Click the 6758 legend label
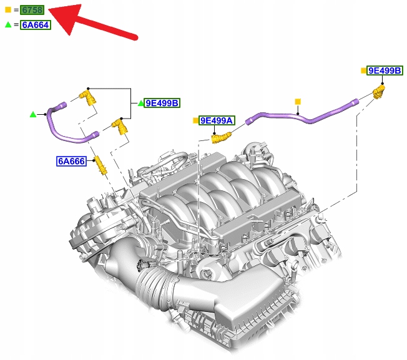32,10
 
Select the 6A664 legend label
36,25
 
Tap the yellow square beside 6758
8,10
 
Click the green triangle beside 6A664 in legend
8,24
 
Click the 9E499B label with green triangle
162,103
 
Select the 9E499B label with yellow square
385,71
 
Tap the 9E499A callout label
217,120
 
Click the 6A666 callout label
71,161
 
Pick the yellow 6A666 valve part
101,165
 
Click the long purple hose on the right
302,114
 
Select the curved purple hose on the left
68,124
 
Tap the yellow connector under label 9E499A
221,138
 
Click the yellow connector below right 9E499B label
378,91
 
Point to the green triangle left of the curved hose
33,114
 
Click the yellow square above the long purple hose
298,102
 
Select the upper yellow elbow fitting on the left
88,97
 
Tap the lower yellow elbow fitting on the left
120,126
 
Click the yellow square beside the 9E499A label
196,120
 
